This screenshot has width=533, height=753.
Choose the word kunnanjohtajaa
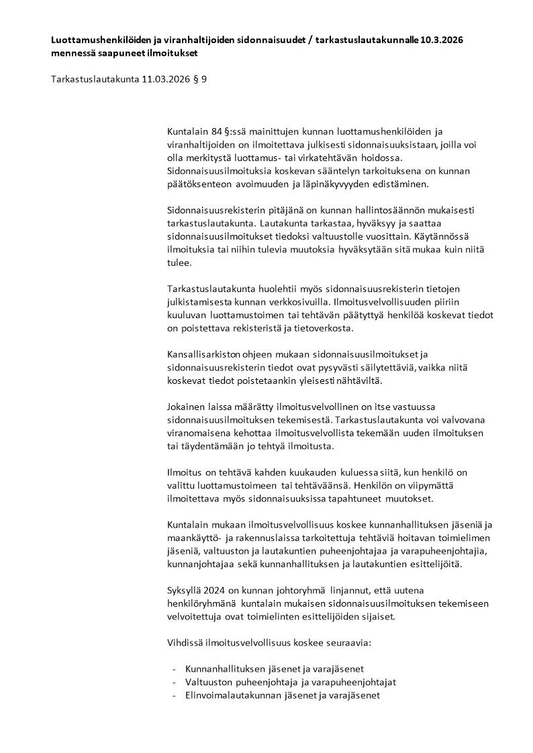(x=199, y=565)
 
